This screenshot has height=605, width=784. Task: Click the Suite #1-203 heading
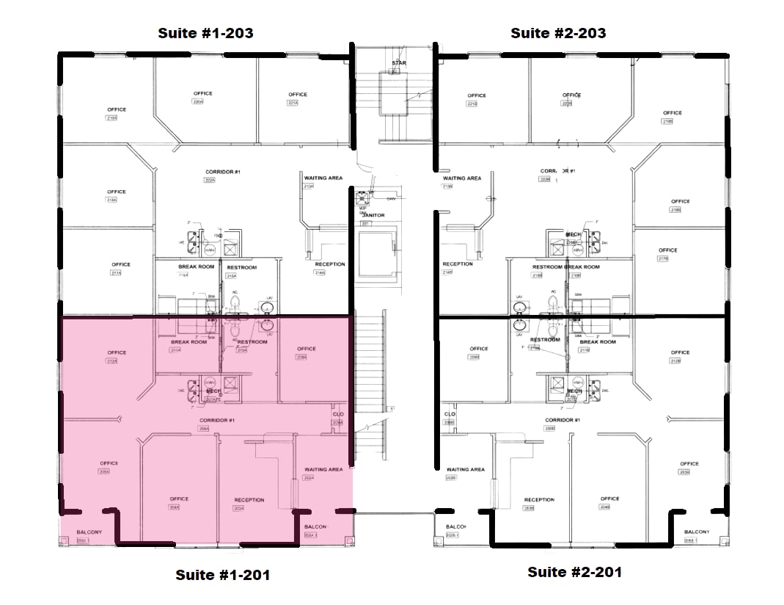(x=206, y=33)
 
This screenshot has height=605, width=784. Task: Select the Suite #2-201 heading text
(x=574, y=572)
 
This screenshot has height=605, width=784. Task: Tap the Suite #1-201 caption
(x=222, y=575)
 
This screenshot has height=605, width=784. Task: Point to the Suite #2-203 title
(x=558, y=33)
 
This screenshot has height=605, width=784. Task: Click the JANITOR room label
(x=373, y=215)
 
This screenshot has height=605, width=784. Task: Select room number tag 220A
(x=197, y=102)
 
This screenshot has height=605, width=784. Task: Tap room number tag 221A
(x=293, y=103)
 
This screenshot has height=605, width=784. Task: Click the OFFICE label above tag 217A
(x=121, y=264)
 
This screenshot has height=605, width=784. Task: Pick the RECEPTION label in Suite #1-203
(x=330, y=264)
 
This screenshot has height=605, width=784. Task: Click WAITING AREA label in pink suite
(x=323, y=469)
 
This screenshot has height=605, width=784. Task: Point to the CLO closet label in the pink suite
(x=337, y=415)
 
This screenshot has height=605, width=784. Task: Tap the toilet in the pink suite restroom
(x=235, y=330)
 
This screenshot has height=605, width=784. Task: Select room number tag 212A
(x=112, y=361)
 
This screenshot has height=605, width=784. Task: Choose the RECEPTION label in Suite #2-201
(x=539, y=500)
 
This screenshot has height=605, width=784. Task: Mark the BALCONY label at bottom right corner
(x=696, y=532)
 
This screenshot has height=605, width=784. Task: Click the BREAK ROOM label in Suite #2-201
(x=598, y=341)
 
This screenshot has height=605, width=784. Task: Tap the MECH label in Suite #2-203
(x=573, y=234)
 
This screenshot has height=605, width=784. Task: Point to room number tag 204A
(x=175, y=507)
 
